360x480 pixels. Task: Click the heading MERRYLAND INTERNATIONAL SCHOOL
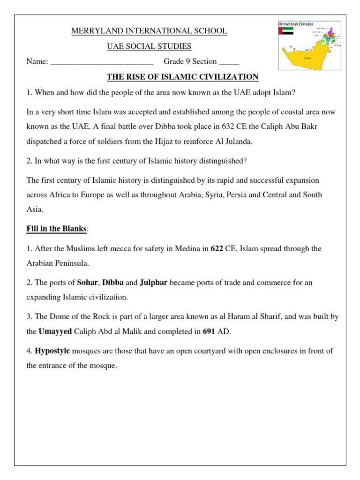(149, 31)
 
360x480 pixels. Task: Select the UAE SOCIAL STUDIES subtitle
(149, 46)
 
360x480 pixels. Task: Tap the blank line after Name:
(101, 61)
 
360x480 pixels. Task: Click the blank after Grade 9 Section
(229, 61)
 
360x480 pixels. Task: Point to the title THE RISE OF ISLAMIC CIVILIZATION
(183, 77)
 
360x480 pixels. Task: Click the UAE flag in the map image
(286, 31)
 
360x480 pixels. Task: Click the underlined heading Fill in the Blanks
(57, 229)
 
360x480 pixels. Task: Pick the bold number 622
(216, 249)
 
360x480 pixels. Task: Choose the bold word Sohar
(87, 283)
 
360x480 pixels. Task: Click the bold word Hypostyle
(52, 351)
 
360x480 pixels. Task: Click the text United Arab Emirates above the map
(296, 23)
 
